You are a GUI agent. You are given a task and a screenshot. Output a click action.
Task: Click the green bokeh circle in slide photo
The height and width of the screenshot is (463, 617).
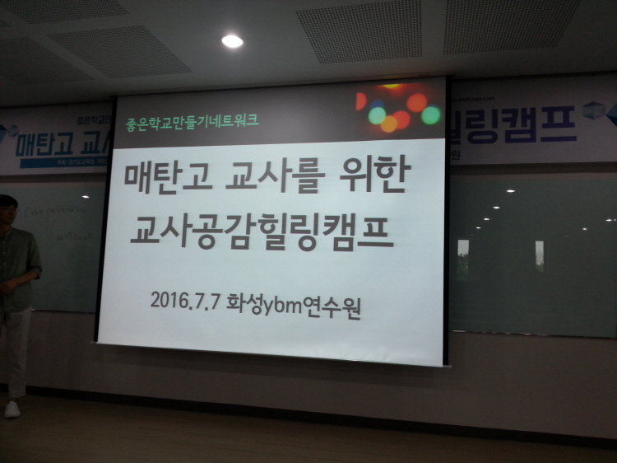[x=430, y=115]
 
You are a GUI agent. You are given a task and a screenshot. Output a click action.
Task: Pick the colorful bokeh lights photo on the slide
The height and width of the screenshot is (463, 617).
[x=399, y=110]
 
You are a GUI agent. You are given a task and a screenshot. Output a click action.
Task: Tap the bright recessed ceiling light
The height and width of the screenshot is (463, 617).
[x=233, y=40]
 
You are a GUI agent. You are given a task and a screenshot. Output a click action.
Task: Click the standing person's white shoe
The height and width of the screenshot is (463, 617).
[x=12, y=409]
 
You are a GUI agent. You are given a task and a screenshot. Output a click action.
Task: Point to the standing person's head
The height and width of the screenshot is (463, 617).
[x=7, y=210]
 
